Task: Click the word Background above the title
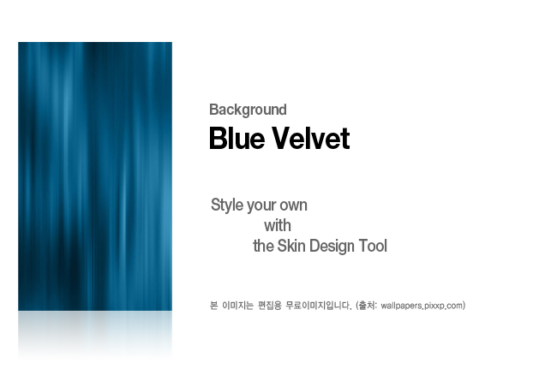tap(248, 110)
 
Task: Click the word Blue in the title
tap(237, 138)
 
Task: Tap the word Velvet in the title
tap(311, 138)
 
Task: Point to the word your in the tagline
tap(261, 206)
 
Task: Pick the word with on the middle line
tap(278, 226)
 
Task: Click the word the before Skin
tap(264, 246)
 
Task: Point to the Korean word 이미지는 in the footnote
tap(237, 306)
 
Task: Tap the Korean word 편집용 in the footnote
tap(270, 306)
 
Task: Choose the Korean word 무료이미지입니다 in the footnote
tap(318, 306)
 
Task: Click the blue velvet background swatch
tap(95, 176)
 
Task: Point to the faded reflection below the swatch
tap(95, 336)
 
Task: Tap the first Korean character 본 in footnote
tap(213, 306)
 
